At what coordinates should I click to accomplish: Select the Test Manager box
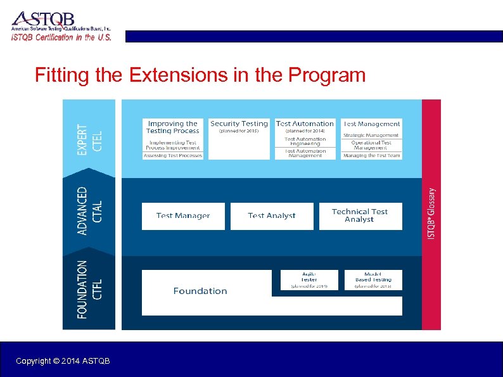tap(183, 216)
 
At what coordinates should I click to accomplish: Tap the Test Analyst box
tap(272, 216)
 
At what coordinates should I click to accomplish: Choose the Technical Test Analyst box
tap(359, 216)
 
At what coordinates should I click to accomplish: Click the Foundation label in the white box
tap(200, 291)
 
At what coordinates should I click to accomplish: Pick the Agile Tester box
tap(309, 279)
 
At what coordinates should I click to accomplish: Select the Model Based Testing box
tap(373, 279)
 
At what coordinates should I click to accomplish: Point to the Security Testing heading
tap(239, 124)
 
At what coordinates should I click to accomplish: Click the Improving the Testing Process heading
tap(172, 127)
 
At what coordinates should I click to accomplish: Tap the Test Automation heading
tap(305, 124)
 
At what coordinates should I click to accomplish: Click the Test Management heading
tap(372, 124)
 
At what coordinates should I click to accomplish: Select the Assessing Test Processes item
tap(173, 155)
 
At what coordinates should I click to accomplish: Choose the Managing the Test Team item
tap(372, 155)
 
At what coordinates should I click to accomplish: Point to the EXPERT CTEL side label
tap(89, 139)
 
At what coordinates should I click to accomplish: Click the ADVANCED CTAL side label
tap(89, 210)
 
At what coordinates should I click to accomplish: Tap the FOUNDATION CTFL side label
tap(89, 290)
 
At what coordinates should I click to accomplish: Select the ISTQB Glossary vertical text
tap(431, 212)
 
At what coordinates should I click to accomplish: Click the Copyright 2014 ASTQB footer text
tap(63, 361)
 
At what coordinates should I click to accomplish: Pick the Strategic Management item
tap(372, 135)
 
